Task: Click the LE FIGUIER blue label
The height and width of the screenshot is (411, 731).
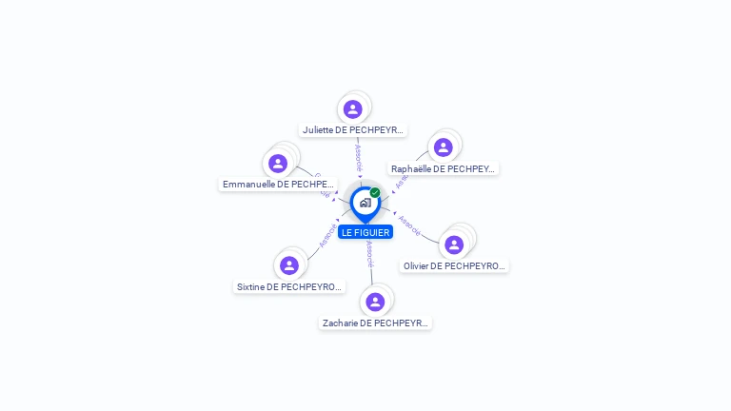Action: [x=365, y=232]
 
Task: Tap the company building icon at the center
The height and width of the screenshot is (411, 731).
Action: [x=365, y=203]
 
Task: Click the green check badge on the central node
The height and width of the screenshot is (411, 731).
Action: [x=375, y=193]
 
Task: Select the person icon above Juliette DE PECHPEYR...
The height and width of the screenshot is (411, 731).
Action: [x=353, y=109]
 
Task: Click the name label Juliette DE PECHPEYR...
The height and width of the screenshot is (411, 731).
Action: [x=353, y=129]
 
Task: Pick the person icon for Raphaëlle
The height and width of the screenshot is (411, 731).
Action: [x=443, y=147]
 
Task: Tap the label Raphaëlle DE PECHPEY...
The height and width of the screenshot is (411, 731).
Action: [x=444, y=169]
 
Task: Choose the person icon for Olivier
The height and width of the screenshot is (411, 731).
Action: [x=454, y=245]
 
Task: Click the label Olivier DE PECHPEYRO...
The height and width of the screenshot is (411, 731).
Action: [x=454, y=266]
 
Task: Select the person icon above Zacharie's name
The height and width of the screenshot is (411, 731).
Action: [x=375, y=302]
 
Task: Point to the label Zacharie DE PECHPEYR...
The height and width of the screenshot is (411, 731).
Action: [x=375, y=323]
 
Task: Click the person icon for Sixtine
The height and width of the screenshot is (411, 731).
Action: [x=289, y=265]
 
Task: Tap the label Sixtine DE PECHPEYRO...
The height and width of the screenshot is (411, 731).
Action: [x=289, y=286]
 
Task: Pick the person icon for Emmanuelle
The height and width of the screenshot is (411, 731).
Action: [x=278, y=164]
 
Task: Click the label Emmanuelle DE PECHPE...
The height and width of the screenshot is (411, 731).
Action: [x=278, y=184]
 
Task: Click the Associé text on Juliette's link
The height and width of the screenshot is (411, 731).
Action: [x=358, y=158]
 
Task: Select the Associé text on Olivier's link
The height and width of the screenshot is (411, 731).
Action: [x=409, y=225]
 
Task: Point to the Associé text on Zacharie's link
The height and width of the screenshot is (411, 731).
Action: [x=369, y=253]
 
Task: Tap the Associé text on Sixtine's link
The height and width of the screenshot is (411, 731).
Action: [x=327, y=235]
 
